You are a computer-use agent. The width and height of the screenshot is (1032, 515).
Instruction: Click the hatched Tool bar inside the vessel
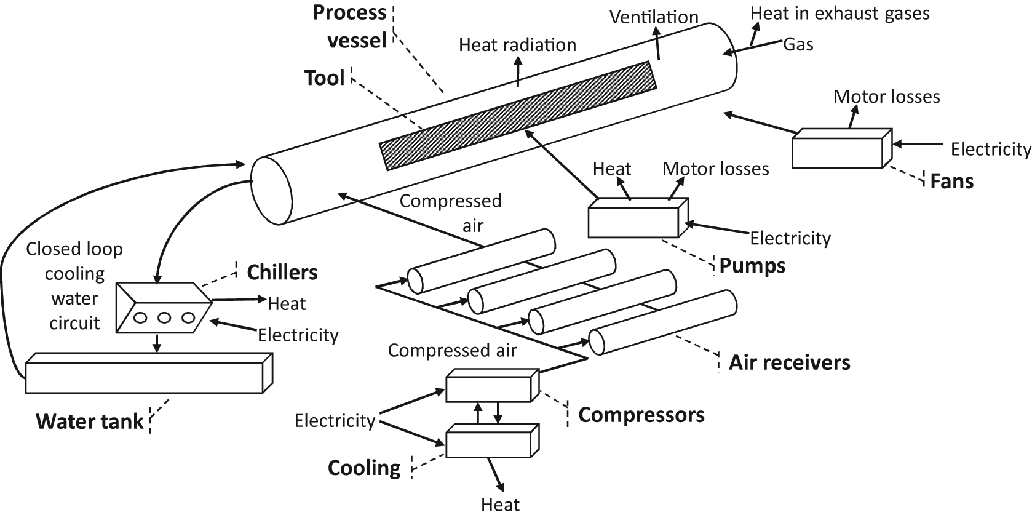coord(518,116)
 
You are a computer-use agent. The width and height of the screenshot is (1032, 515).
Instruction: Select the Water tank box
coord(149,373)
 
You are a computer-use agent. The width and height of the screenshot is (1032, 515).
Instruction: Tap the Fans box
coord(842,148)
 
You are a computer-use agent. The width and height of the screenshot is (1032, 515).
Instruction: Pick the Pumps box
coord(638,218)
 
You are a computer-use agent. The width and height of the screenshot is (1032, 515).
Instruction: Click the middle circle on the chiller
coord(164,317)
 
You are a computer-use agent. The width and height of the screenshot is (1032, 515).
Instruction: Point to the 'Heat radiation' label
coord(517,45)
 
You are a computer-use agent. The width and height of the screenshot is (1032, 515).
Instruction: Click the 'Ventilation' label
coord(654,17)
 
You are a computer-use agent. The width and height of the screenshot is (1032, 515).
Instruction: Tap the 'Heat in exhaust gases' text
coord(840,14)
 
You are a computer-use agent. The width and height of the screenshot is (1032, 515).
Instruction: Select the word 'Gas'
coord(798,45)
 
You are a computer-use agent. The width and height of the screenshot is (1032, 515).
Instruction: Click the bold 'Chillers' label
coord(282,273)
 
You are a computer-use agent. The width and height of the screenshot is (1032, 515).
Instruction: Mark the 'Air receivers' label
coord(790,363)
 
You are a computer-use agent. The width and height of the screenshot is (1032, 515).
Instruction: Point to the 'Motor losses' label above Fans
coord(887,97)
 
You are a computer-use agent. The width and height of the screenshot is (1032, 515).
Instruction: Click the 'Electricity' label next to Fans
coord(991,149)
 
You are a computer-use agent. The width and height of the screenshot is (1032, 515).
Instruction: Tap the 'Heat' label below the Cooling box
coord(501,505)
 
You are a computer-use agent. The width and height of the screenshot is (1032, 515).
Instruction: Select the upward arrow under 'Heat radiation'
coord(518,72)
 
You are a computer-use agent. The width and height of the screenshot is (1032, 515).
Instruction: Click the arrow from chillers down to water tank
coord(157,343)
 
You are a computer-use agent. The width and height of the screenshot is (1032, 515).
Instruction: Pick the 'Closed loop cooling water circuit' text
coord(74,286)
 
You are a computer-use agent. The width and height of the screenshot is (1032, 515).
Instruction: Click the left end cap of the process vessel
coord(271,190)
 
